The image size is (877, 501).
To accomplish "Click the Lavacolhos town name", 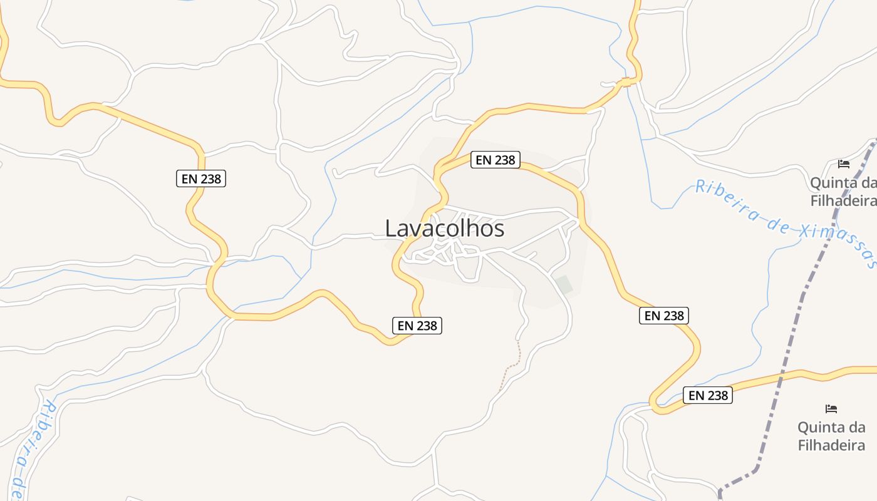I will click(x=444, y=229).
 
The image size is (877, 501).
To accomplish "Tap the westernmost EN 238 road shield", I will click(x=200, y=178).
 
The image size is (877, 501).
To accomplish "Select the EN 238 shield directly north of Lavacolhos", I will click(x=495, y=160).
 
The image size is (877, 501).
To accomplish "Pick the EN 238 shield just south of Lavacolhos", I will click(x=417, y=325).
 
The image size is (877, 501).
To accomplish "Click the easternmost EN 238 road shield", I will click(x=708, y=395).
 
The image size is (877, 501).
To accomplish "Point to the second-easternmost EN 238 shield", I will click(x=664, y=316).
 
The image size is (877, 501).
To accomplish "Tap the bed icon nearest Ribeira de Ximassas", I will click(x=844, y=164).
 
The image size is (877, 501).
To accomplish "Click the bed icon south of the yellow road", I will click(x=831, y=408).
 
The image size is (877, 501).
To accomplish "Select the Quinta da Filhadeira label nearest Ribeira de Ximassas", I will click(x=843, y=192).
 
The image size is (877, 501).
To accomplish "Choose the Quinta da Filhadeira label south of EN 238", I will click(x=831, y=436).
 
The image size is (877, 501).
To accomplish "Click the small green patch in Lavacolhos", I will click(x=564, y=284).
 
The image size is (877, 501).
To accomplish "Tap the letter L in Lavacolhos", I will click(x=390, y=229).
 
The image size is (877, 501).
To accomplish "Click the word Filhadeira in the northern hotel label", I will click(x=843, y=200).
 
